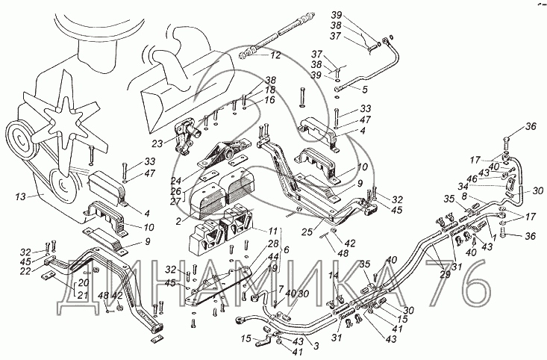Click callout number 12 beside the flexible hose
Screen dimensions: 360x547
[x=275, y=55]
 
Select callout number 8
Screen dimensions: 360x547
[x=464, y=196]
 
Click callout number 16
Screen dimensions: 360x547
[x=269, y=99]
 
